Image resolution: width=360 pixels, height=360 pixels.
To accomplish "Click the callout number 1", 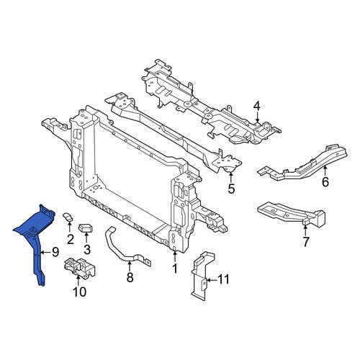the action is pyautogui.click(x=175, y=269).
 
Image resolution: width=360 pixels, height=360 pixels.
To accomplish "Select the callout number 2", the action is pyautogui.click(x=71, y=239).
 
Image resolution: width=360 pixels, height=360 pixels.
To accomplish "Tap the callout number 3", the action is pyautogui.click(x=87, y=250).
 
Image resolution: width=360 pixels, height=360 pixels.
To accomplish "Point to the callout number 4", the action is pyautogui.click(x=256, y=107).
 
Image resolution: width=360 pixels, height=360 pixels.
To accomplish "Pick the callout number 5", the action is pyautogui.click(x=231, y=189).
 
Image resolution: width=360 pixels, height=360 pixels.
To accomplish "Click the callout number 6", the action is pyautogui.click(x=325, y=182).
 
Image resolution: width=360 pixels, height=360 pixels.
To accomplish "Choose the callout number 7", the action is pyautogui.click(x=305, y=242).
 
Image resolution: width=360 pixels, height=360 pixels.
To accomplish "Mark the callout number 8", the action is pyautogui.click(x=130, y=277).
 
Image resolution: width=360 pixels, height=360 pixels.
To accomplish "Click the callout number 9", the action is pyautogui.click(x=55, y=252).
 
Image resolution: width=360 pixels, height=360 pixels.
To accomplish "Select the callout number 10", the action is pyautogui.click(x=79, y=292).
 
